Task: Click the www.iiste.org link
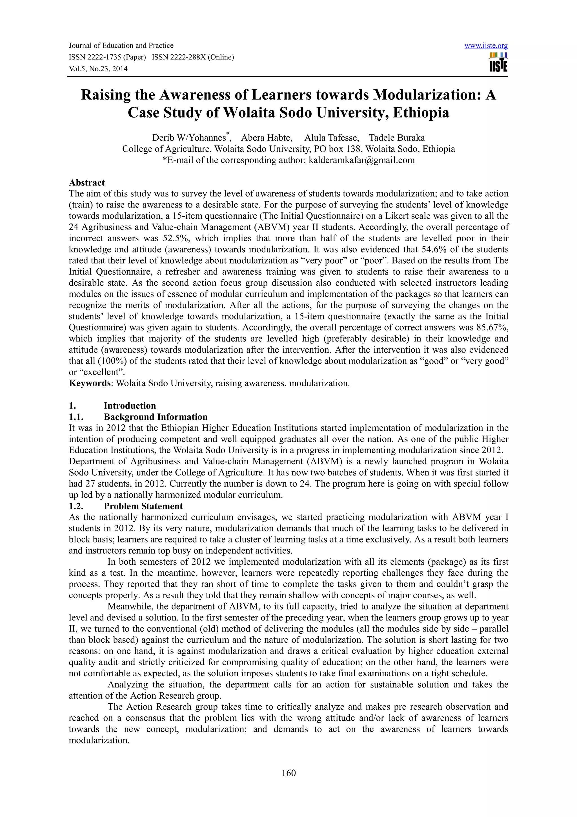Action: pyautogui.click(x=486, y=46)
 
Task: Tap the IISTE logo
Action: pyautogui.click(x=498, y=63)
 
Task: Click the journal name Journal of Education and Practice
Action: pyautogui.click(x=121, y=46)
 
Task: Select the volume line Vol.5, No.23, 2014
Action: pyautogui.click(x=98, y=69)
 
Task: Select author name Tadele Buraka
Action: pyautogui.click(x=396, y=138)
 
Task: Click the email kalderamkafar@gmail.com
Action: pyautogui.click(x=361, y=160)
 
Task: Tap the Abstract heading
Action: pyautogui.click(x=87, y=183)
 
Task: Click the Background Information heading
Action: pyautogui.click(x=155, y=417)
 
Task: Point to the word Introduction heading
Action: pyautogui.click(x=130, y=406)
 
